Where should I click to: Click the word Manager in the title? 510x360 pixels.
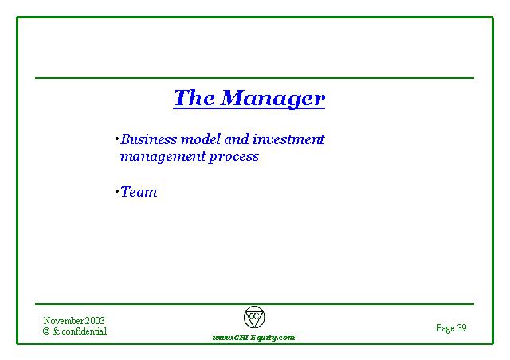pyautogui.click(x=273, y=98)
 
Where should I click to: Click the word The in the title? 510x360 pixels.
pyautogui.click(x=194, y=97)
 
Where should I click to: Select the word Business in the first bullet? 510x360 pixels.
pyautogui.click(x=149, y=139)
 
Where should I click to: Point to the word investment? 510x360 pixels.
pyautogui.click(x=288, y=139)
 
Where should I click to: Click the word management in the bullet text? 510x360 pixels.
pyautogui.click(x=163, y=157)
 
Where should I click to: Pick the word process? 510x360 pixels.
pyautogui.click(x=233, y=158)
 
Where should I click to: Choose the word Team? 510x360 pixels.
pyautogui.click(x=139, y=192)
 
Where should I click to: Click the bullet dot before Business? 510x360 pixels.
pyautogui.click(x=117, y=139)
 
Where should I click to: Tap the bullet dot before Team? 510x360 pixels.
pyautogui.click(x=117, y=191)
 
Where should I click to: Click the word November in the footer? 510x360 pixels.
pyautogui.click(x=64, y=321)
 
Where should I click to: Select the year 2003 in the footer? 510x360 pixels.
pyautogui.click(x=95, y=321)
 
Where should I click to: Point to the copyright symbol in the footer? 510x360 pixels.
pyautogui.click(x=46, y=331)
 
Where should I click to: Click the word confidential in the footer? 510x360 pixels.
pyautogui.click(x=84, y=331)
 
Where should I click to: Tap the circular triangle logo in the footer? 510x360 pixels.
pyautogui.click(x=254, y=317)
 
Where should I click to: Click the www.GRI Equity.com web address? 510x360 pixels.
pyautogui.click(x=253, y=338)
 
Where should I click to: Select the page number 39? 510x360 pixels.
pyautogui.click(x=461, y=327)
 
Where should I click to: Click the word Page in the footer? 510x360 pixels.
pyautogui.click(x=445, y=328)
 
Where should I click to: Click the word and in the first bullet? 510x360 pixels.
pyautogui.click(x=237, y=139)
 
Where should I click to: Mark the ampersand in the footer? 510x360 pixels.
pyautogui.click(x=56, y=331)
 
